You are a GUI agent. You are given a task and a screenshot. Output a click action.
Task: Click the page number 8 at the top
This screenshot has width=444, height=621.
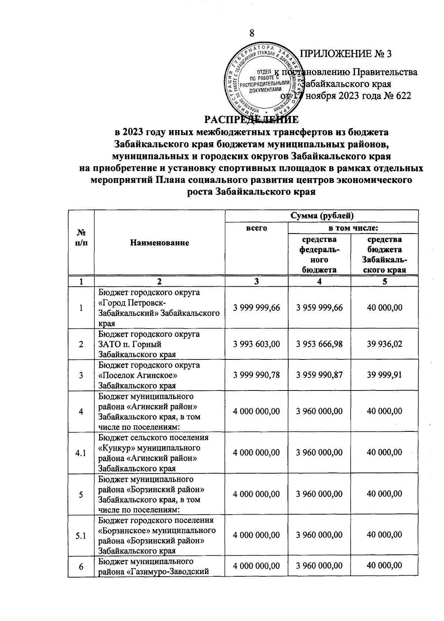coord(252,33)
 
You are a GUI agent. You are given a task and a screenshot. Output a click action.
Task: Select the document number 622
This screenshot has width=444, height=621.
coord(403,96)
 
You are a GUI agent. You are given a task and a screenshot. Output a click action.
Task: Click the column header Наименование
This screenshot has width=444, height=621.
coord(159,243)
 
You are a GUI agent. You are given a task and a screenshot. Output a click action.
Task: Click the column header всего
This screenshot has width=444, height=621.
coord(256,228)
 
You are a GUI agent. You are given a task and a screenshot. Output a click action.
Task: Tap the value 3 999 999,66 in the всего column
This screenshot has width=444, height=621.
coord(256,308)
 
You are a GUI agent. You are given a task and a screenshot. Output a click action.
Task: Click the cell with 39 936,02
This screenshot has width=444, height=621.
coord(384,344)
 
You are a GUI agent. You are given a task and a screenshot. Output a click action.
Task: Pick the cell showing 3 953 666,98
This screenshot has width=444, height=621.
coord(319,344)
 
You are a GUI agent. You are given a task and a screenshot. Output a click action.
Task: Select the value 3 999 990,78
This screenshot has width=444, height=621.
coord(256,375)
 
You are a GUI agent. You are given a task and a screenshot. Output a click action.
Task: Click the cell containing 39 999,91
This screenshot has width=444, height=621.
coord(384,375)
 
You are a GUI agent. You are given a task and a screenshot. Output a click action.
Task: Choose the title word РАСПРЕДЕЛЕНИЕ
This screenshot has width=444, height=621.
coord(252,120)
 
